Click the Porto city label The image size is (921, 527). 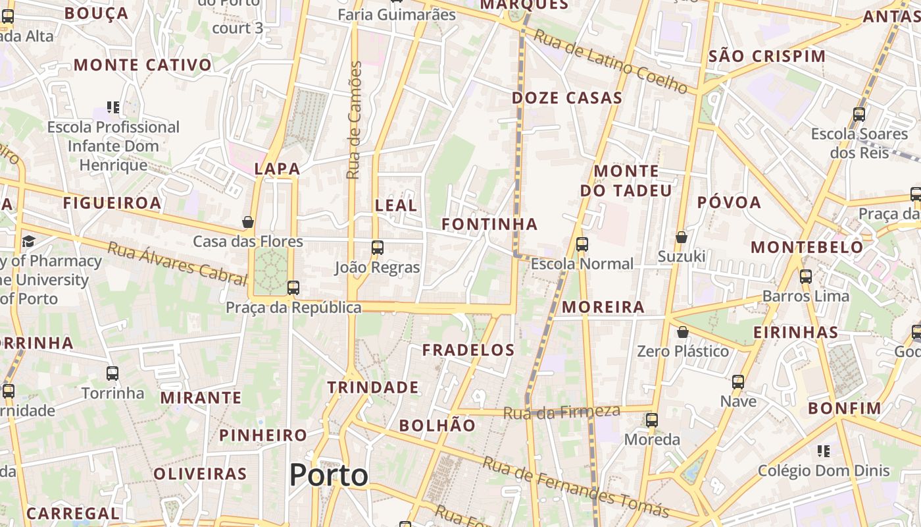click(328, 475)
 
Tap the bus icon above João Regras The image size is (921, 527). click(378, 248)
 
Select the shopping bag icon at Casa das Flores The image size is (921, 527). click(248, 222)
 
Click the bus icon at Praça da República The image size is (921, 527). click(293, 288)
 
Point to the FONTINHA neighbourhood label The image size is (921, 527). click(489, 225)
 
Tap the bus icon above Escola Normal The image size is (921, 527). click(582, 244)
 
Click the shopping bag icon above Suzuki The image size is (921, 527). click(682, 236)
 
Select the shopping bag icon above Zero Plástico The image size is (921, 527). click(683, 332)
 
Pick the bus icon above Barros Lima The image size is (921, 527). click(806, 277)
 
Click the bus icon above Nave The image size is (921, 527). click(738, 382)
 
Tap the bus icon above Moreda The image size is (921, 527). click(652, 420)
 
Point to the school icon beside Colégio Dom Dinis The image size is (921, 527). click(824, 451)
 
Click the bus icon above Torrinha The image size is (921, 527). click(112, 374)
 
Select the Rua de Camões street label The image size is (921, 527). click(355, 120)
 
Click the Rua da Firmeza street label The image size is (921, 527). click(561, 412)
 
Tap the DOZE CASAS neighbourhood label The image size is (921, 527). click(567, 98)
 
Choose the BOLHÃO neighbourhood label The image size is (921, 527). click(437, 426)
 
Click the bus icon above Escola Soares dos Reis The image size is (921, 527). click(859, 115)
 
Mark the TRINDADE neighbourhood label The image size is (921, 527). click(373, 387)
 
